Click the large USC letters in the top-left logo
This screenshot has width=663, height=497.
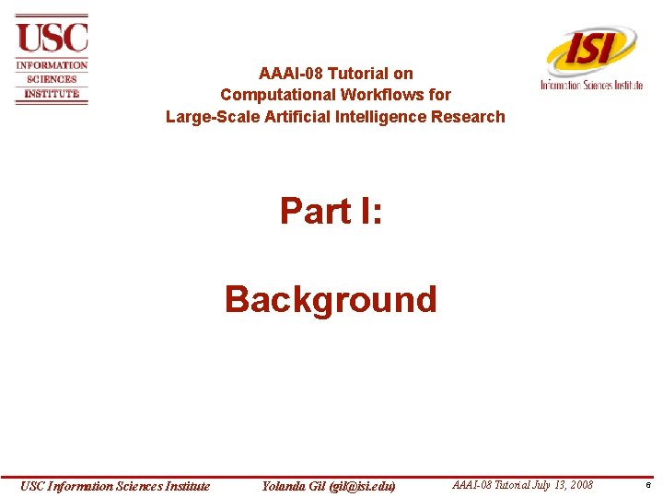pos(52,38)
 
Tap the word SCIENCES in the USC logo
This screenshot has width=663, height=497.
pos(52,79)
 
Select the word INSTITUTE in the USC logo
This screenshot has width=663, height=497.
pos(52,93)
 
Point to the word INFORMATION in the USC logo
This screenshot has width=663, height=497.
pos(52,65)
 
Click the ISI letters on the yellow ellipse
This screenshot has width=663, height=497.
pos(590,48)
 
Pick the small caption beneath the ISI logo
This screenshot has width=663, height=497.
pos(591,85)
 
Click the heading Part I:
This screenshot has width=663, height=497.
pos(331,211)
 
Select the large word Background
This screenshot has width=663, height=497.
pos(331,299)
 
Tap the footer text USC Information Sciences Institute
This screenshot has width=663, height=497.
pos(116,486)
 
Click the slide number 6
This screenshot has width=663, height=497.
pos(649,486)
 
